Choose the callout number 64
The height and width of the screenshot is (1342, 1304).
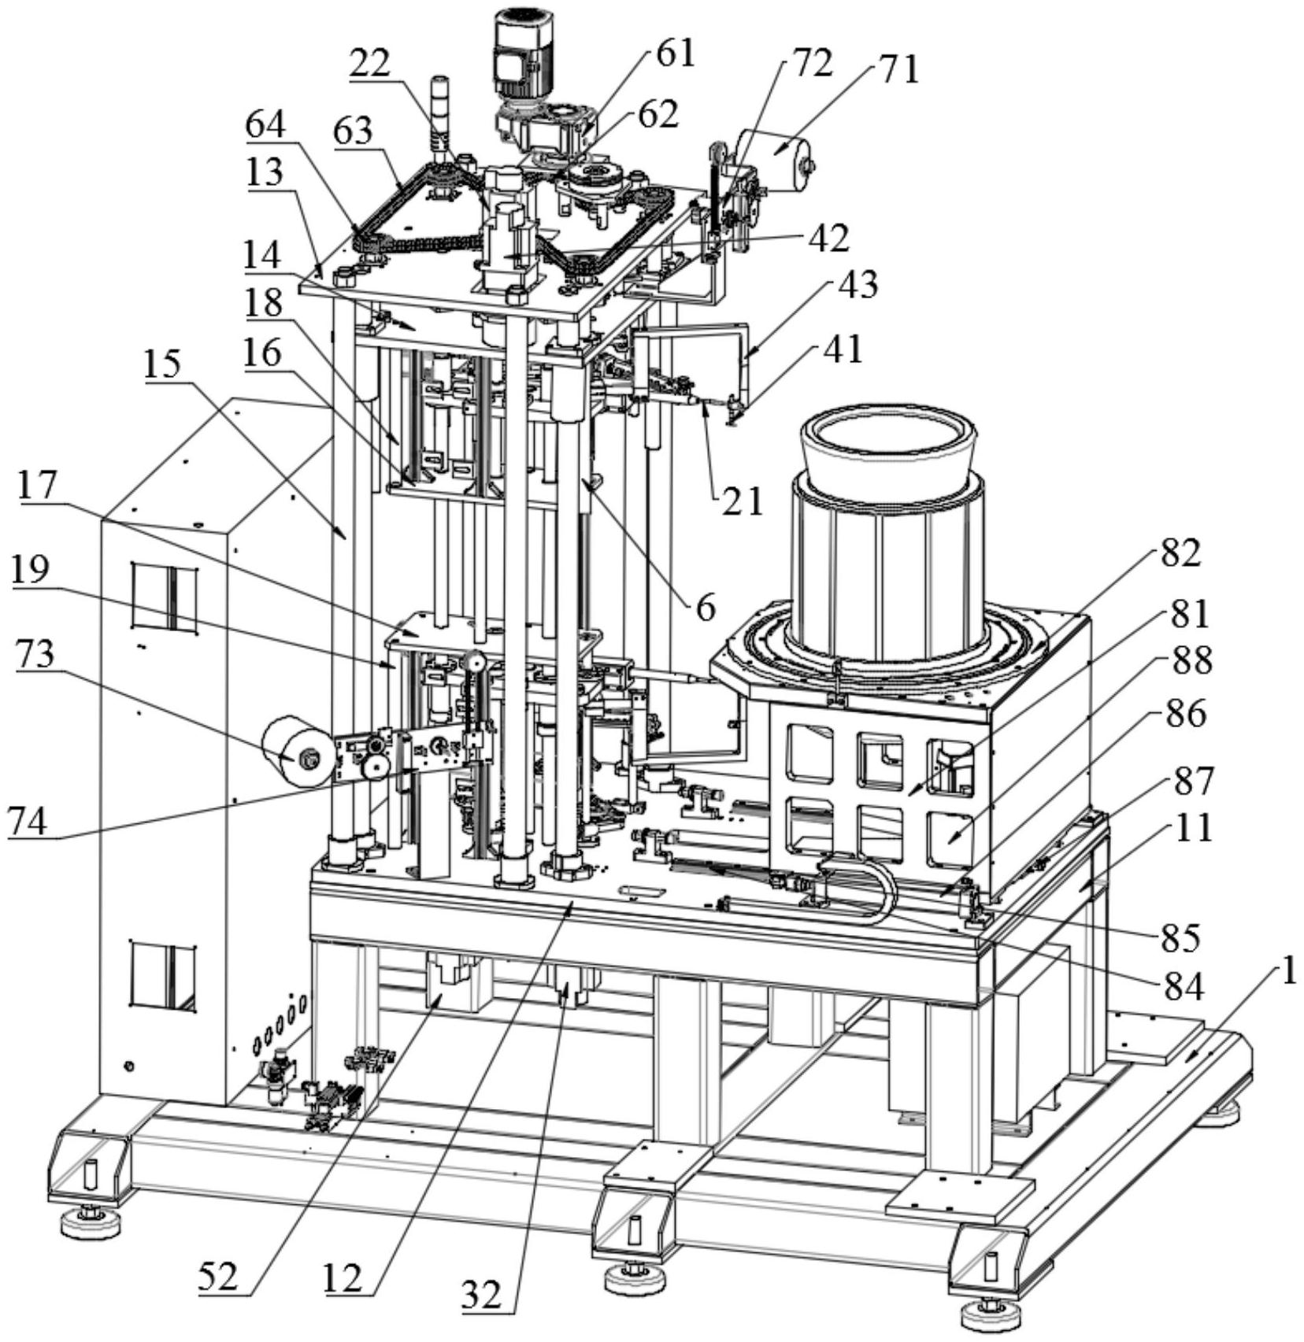tap(265, 125)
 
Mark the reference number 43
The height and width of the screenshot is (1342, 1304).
tap(858, 285)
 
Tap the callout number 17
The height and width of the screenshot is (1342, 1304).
tap(38, 486)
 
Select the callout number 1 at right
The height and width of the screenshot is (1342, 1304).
tap(1287, 973)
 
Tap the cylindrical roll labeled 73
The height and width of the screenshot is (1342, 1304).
tap(297, 752)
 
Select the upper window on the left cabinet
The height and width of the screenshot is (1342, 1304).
tap(165, 595)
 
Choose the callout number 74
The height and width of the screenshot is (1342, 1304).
tap(28, 823)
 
